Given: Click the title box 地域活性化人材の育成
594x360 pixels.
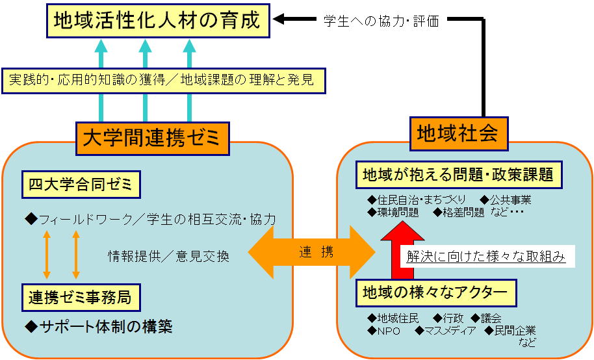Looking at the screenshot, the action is [158, 21].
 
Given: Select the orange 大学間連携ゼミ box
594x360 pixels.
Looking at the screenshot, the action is [153, 138].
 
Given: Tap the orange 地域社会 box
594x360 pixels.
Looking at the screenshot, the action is [459, 134].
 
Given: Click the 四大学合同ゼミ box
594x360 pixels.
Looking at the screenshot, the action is [81, 185].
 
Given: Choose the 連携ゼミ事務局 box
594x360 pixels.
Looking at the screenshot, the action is [81, 298].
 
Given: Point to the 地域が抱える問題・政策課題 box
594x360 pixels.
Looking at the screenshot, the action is [459, 175].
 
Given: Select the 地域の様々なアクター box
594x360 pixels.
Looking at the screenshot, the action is [436, 293].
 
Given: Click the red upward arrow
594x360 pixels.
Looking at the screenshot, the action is [402, 250].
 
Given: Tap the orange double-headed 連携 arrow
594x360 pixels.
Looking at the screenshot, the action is [311, 252].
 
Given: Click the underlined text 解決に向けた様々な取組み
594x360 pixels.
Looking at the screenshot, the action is [486, 257].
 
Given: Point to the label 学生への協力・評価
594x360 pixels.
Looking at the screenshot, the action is [381, 21].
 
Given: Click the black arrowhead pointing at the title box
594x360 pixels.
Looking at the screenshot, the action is [279, 19].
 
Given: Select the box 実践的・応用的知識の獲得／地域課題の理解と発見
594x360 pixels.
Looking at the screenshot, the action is [164, 81].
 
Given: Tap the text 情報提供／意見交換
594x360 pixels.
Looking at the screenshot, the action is [168, 257].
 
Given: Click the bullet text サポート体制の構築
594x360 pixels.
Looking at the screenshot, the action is [99, 327].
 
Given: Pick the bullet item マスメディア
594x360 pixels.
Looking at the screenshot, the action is [446, 331].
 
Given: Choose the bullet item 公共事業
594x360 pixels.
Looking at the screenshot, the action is [506, 199].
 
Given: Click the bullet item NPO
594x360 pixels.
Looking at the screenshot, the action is [383, 331].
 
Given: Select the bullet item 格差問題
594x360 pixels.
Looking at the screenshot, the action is [459, 212].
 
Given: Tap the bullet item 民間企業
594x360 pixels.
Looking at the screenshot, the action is [510, 331].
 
